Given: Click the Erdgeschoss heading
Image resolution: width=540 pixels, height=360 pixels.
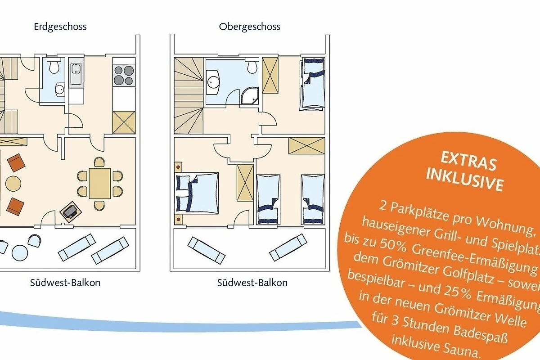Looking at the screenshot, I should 60,27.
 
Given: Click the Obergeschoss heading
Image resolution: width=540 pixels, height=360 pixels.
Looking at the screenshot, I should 249,27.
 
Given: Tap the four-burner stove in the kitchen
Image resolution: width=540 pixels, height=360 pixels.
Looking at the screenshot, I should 123,75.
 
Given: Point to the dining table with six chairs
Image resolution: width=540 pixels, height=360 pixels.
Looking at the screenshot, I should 99,183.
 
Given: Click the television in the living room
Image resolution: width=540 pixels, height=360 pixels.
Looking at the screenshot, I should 70,211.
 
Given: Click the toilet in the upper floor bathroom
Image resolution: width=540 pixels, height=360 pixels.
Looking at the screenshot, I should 252,67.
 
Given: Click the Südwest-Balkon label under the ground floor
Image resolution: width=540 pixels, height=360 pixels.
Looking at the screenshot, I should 65,283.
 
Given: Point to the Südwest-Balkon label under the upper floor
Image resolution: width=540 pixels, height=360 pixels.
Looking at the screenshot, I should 252,283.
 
